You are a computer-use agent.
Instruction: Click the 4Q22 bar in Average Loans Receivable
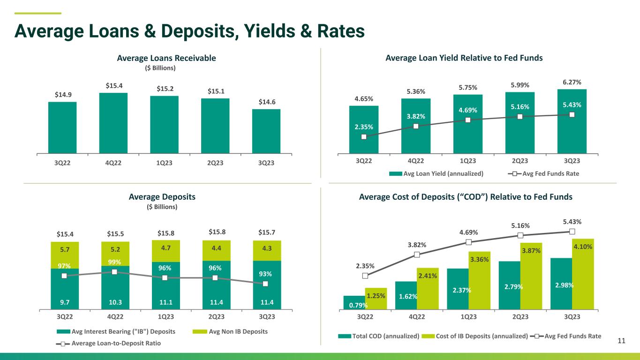point(113,123)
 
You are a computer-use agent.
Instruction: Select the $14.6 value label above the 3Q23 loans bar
point(267,102)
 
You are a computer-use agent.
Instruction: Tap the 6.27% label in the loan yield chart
point(572,82)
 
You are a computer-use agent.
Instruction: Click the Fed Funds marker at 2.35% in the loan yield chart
point(364,137)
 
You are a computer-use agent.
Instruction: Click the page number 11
point(621,341)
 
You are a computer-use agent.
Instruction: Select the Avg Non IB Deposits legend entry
point(230,331)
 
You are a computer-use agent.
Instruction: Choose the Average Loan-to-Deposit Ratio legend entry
point(108,343)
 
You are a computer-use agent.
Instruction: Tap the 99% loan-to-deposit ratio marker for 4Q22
point(114,272)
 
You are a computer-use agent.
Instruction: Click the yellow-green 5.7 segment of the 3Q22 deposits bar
point(65,255)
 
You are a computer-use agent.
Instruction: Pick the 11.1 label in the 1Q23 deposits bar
point(166,302)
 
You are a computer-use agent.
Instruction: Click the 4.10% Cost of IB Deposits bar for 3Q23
point(583,274)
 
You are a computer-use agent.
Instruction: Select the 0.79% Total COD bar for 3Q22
point(354,302)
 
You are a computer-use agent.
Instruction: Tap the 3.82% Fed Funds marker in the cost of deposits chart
point(417,255)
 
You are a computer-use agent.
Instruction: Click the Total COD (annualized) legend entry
point(378,336)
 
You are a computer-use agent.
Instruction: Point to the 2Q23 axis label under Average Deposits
point(216,316)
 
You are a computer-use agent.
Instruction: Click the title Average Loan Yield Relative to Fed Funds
point(464,58)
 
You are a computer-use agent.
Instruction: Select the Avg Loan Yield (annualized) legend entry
point(437,174)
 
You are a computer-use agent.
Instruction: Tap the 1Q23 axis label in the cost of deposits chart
point(468,316)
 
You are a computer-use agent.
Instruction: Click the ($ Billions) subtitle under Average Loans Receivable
point(160,68)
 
